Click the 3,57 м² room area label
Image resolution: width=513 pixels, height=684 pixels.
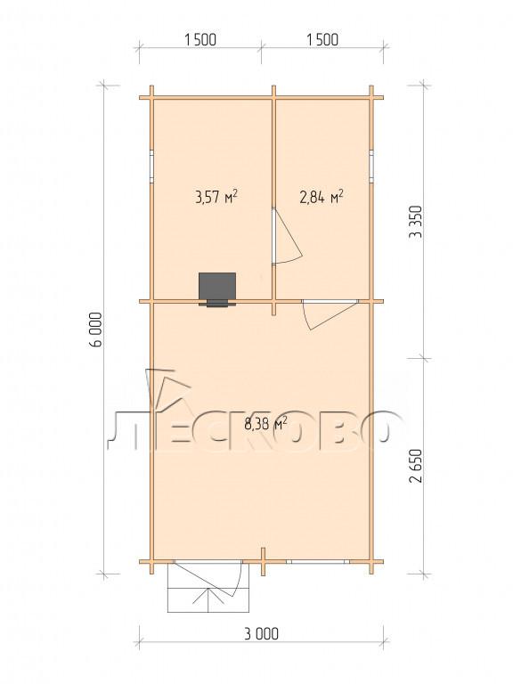216,197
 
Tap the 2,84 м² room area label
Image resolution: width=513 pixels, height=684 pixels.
321,197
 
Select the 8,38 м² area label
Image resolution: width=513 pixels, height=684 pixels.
265,424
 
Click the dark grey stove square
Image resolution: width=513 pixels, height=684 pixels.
217,287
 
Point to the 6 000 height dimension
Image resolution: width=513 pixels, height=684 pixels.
95,330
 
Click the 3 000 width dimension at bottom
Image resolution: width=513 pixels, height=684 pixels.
261,633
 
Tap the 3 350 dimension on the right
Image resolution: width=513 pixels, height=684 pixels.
416,221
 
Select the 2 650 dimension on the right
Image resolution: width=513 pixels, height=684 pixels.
416,466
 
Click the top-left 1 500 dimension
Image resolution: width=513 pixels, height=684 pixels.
200,40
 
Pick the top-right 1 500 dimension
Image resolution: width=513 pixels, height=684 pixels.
322,40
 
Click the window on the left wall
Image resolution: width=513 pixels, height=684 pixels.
151,167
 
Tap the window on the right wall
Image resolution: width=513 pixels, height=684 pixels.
371,167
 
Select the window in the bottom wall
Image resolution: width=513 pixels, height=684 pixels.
318,562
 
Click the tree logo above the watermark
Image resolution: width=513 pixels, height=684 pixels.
168,391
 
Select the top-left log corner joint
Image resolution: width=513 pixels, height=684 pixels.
151,97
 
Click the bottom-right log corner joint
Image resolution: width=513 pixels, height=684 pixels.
371,562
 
